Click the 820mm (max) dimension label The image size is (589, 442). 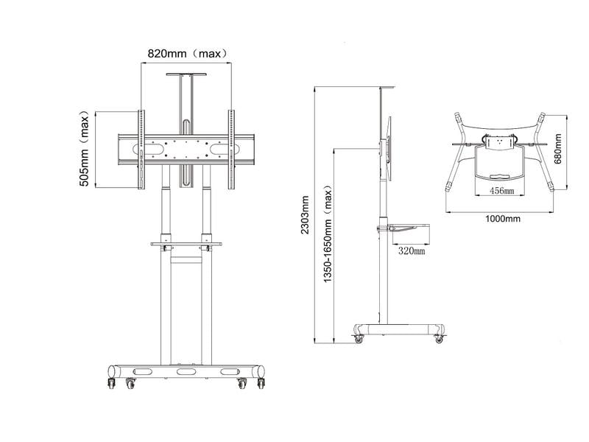click(188, 54)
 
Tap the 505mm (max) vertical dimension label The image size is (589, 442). click(85, 149)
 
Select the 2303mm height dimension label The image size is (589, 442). click(305, 214)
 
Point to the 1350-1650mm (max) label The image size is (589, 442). click(328, 234)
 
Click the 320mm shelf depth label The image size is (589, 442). click(412, 250)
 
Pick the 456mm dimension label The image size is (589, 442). click(501, 191)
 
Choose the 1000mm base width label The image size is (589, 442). click(503, 219)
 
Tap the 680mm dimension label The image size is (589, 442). click(558, 149)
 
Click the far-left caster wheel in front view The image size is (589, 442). click(112, 383)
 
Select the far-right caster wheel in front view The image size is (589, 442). click(261, 383)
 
